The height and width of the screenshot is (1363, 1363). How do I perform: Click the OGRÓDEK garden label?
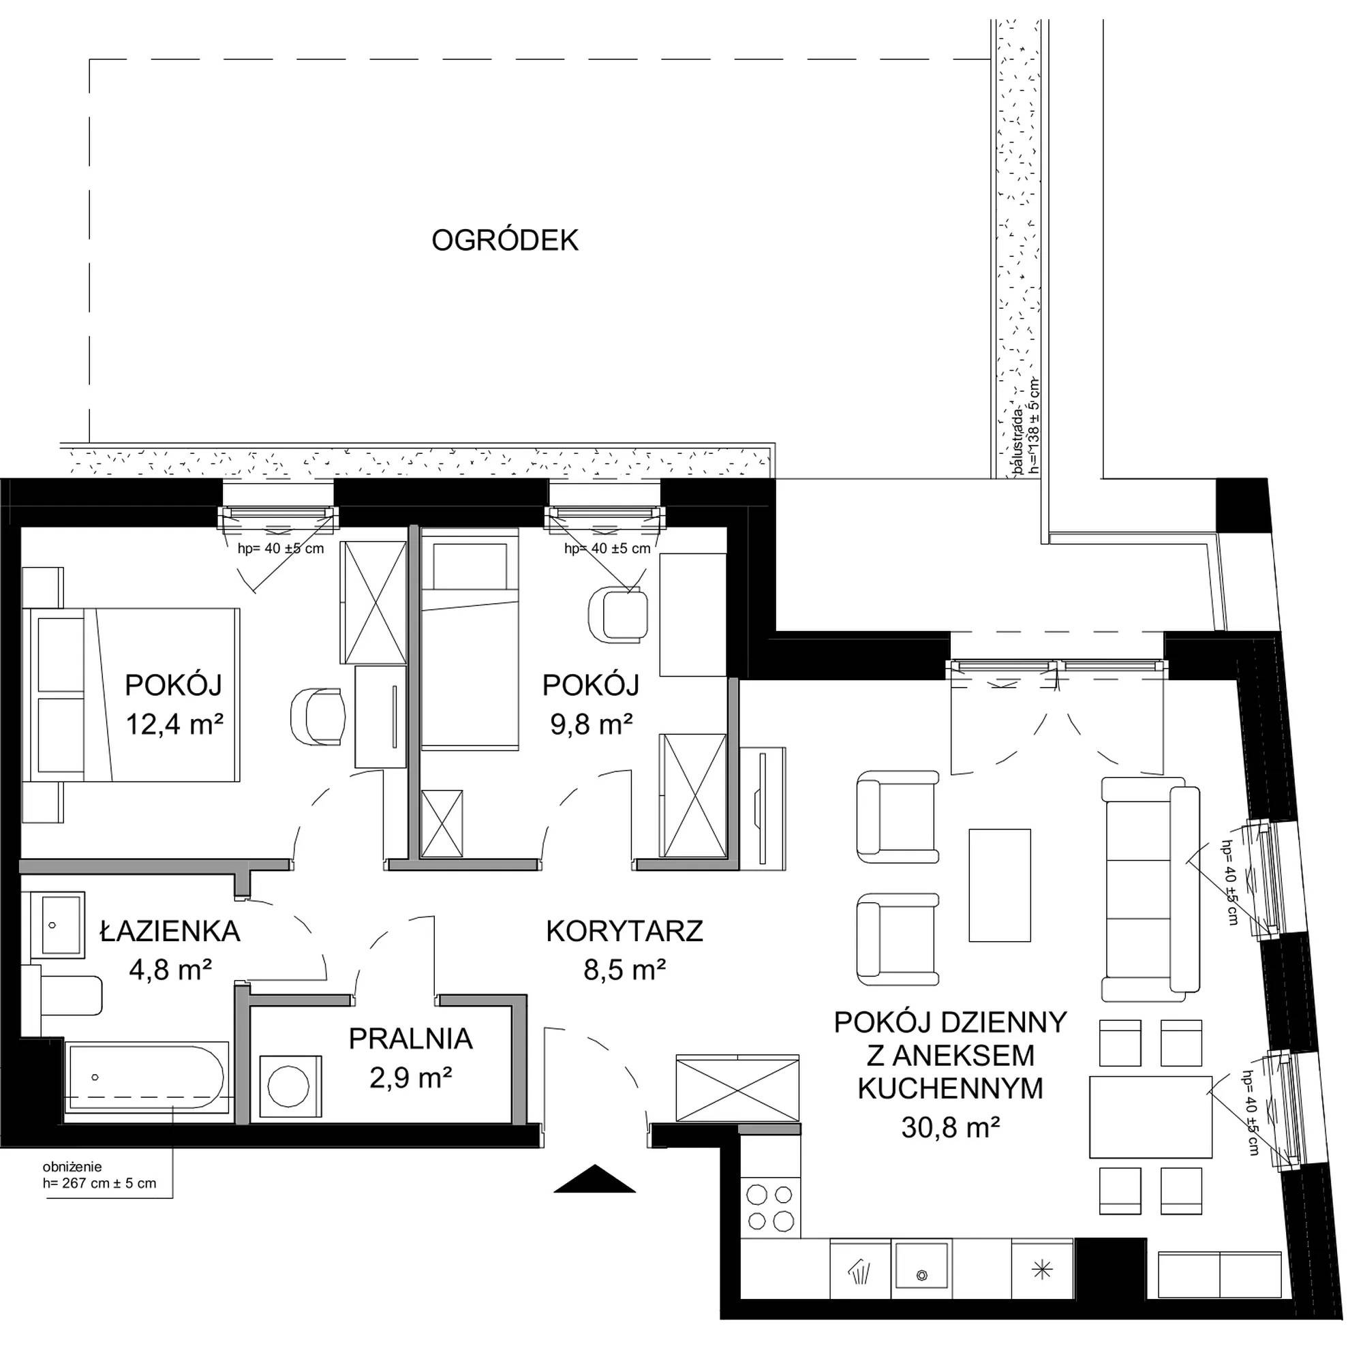[504, 241]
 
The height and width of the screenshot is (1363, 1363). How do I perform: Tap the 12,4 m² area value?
[174, 724]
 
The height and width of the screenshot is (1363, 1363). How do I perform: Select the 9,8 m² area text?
[591, 724]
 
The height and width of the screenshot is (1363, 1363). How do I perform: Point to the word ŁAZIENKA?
[170, 931]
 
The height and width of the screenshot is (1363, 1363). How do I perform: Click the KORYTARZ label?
[624, 931]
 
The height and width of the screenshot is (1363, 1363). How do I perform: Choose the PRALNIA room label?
[410, 1039]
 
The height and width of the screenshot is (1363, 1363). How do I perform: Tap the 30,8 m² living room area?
[950, 1127]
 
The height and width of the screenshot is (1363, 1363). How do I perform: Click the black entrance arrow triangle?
[595, 1178]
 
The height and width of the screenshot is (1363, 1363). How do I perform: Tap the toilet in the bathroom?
[62, 996]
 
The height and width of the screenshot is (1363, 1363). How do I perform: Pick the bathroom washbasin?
[57, 925]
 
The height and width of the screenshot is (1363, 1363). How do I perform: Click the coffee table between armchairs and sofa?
[1000, 885]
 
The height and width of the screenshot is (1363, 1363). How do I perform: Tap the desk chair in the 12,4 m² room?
[318, 716]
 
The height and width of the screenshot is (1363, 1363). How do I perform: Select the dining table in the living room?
[1150, 1117]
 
